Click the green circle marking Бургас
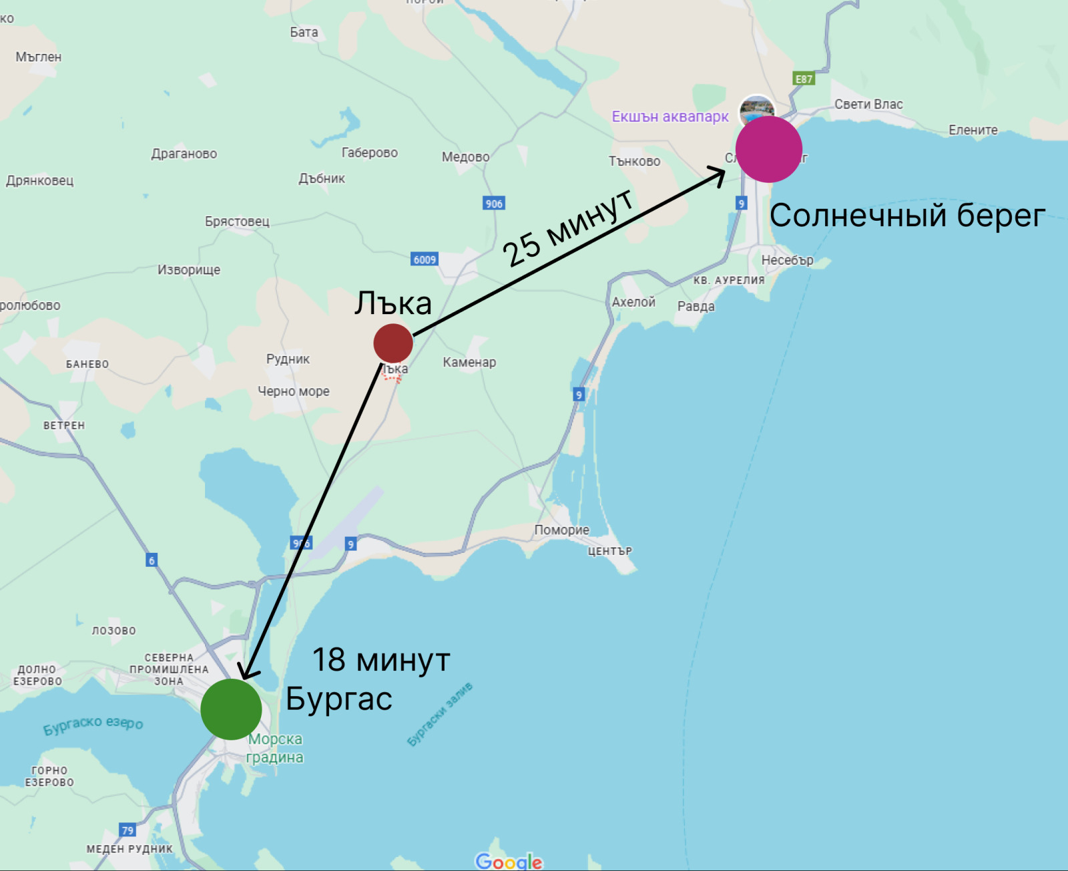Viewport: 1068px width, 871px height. click(x=231, y=709)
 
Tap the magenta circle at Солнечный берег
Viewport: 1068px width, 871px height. click(x=768, y=149)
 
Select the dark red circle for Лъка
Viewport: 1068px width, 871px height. click(x=393, y=343)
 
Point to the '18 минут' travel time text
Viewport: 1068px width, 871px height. click(x=381, y=660)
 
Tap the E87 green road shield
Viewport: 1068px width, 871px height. click(x=804, y=79)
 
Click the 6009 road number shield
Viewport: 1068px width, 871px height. click(x=425, y=259)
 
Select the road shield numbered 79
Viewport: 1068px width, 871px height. click(x=127, y=830)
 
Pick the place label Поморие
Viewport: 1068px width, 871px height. click(x=561, y=530)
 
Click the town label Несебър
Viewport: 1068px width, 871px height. click(x=787, y=260)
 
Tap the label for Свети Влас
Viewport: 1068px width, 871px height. click(x=868, y=104)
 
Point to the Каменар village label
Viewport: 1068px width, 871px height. click(x=469, y=362)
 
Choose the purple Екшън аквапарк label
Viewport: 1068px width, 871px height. click(x=670, y=117)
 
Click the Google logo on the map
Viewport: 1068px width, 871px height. click(x=509, y=861)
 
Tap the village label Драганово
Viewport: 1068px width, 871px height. click(x=184, y=153)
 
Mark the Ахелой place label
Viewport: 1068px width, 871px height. click(x=633, y=302)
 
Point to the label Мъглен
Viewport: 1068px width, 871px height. click(x=39, y=57)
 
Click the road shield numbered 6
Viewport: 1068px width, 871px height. click(x=152, y=560)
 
